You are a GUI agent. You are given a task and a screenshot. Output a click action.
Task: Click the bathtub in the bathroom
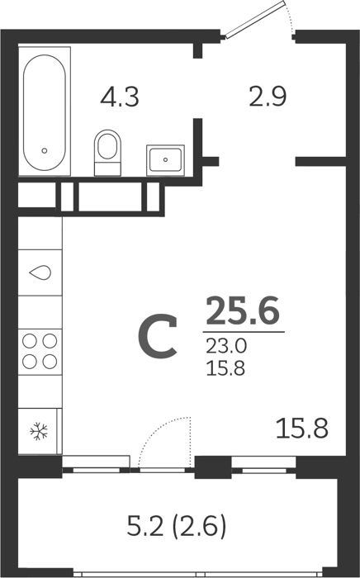45,111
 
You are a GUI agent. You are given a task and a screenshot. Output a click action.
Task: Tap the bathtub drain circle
45,150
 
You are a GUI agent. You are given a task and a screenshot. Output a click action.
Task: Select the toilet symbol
107,153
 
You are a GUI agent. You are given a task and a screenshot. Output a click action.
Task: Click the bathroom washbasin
165,160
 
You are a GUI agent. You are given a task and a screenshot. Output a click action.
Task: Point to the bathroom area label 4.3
120,97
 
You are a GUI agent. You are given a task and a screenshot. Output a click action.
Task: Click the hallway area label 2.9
268,97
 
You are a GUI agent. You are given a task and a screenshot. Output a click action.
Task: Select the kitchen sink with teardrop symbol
40,272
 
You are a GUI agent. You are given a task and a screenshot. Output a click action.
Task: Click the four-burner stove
40,351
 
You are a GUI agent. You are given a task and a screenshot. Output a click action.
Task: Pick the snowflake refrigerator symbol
39,431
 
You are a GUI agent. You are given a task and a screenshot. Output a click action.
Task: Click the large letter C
158,336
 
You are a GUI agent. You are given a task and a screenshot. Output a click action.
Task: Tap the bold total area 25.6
243,310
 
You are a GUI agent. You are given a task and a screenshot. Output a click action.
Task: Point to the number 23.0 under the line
226,346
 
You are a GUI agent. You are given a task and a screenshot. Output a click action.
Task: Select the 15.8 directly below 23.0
225,368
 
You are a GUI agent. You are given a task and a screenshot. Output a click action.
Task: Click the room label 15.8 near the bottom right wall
302,429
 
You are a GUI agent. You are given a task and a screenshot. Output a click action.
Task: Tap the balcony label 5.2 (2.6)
176,526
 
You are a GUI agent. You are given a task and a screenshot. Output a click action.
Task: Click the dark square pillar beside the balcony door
212,467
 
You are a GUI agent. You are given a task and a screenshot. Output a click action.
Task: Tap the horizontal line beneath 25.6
244,332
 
